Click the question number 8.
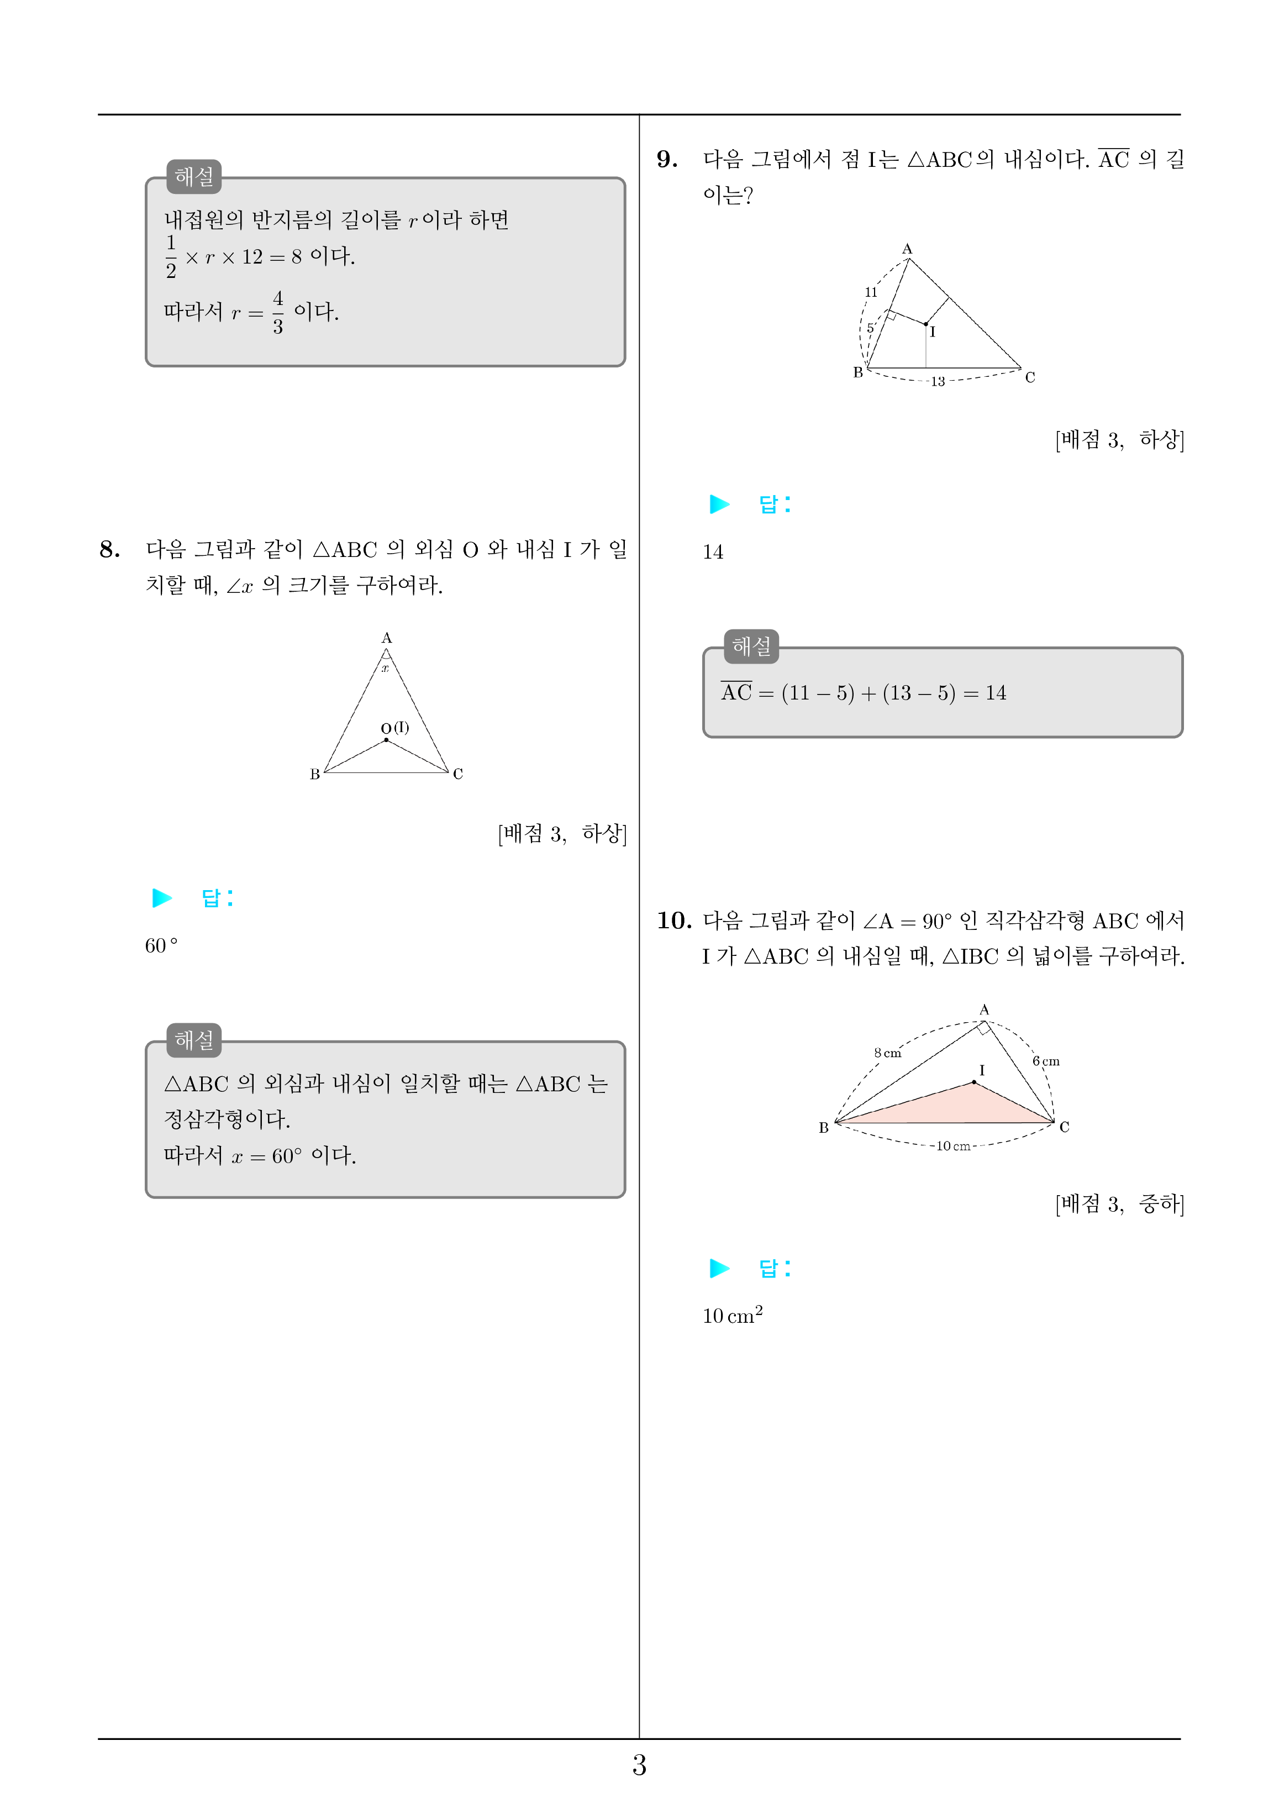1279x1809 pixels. [x=109, y=549]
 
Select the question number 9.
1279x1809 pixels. [x=667, y=159]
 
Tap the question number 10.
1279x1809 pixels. [x=674, y=921]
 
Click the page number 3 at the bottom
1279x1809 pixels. [x=639, y=1766]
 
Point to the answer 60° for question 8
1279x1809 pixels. [x=161, y=945]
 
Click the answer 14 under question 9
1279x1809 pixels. [x=712, y=553]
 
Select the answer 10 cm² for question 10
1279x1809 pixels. [x=732, y=1315]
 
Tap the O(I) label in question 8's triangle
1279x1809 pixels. [x=395, y=728]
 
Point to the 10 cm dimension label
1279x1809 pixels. [x=952, y=1147]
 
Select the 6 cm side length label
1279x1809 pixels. [x=1046, y=1061]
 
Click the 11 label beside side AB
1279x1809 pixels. [x=871, y=292]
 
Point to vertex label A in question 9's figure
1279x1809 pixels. [x=907, y=249]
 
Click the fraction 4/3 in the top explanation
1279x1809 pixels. [x=277, y=312]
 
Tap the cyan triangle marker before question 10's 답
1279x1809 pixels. [x=719, y=1268]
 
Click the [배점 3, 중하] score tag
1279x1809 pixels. [x=1119, y=1204]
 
